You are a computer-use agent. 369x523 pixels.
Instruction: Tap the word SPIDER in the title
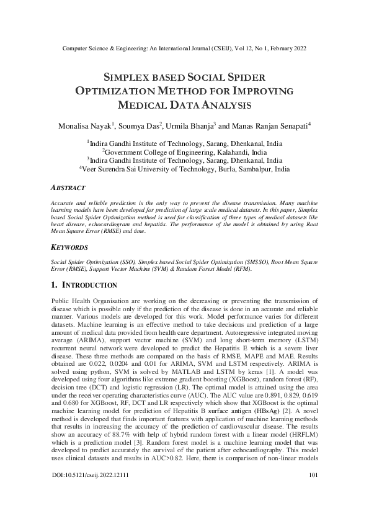pyautogui.click(x=244, y=78)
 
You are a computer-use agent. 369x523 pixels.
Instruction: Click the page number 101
pyautogui.click(x=313, y=510)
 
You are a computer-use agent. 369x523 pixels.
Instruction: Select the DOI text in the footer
pyautogui.click(x=87, y=510)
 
